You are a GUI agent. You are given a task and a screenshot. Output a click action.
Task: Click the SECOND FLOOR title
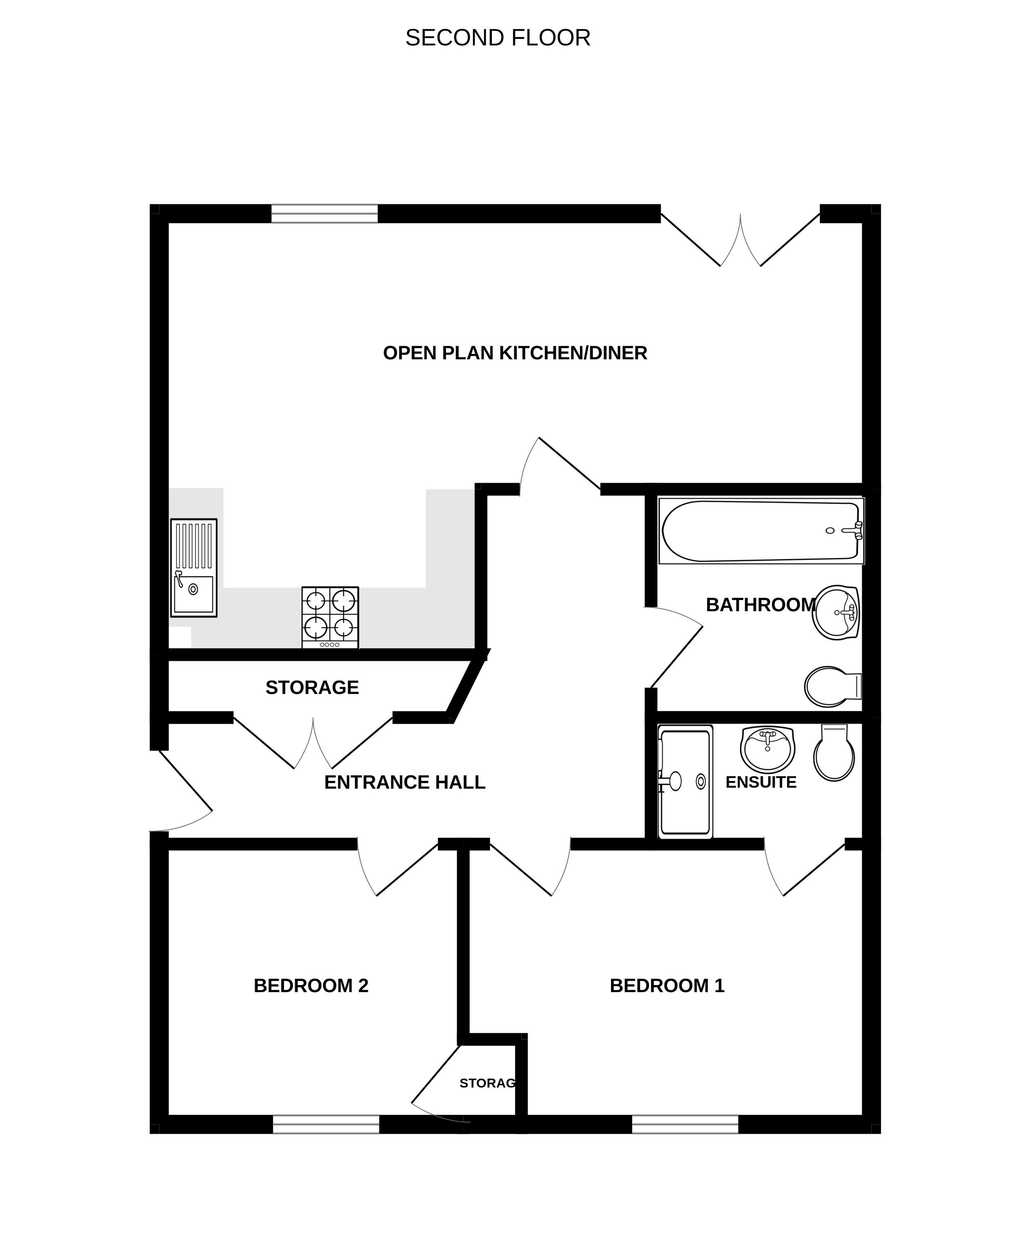click(498, 38)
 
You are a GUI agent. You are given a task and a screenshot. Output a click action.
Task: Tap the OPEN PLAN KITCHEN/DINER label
click(515, 353)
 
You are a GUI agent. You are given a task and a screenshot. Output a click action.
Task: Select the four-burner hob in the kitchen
click(330, 617)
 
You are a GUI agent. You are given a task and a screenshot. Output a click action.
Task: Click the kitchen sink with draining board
click(194, 568)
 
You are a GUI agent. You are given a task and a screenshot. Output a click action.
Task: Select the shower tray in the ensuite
click(685, 782)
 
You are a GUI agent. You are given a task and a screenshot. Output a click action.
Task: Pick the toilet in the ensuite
click(834, 753)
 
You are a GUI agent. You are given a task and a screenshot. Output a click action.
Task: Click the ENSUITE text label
click(761, 783)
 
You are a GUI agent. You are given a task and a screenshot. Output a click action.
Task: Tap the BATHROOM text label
click(761, 605)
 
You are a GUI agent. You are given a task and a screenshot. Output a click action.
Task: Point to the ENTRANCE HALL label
click(405, 783)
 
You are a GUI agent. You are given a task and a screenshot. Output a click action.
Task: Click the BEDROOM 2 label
click(311, 986)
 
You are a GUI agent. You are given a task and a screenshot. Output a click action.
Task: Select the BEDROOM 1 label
click(667, 986)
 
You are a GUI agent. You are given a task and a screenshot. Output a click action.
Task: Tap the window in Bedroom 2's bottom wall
click(326, 1124)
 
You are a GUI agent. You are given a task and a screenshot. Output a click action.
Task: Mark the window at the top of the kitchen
click(324, 214)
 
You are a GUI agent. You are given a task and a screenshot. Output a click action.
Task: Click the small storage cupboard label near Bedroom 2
click(487, 1083)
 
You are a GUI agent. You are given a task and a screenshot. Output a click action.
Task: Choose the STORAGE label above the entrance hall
click(312, 688)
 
